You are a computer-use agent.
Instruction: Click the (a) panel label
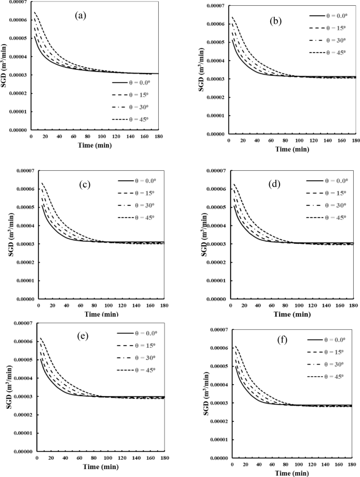point(80,16)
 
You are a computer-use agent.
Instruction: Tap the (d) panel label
point(275,184)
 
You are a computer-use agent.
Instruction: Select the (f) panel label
point(282,340)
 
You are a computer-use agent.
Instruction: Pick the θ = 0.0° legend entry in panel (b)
point(328,16)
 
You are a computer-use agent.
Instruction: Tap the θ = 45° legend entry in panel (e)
point(136,370)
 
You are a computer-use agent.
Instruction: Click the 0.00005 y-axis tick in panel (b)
point(216,42)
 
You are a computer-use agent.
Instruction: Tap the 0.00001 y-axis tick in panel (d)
point(216,281)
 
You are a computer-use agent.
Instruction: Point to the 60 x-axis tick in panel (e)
point(79,458)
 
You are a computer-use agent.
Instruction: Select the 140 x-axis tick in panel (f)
point(325,464)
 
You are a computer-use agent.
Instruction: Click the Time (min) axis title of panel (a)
point(95,146)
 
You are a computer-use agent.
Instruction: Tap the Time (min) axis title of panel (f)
point(292,473)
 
